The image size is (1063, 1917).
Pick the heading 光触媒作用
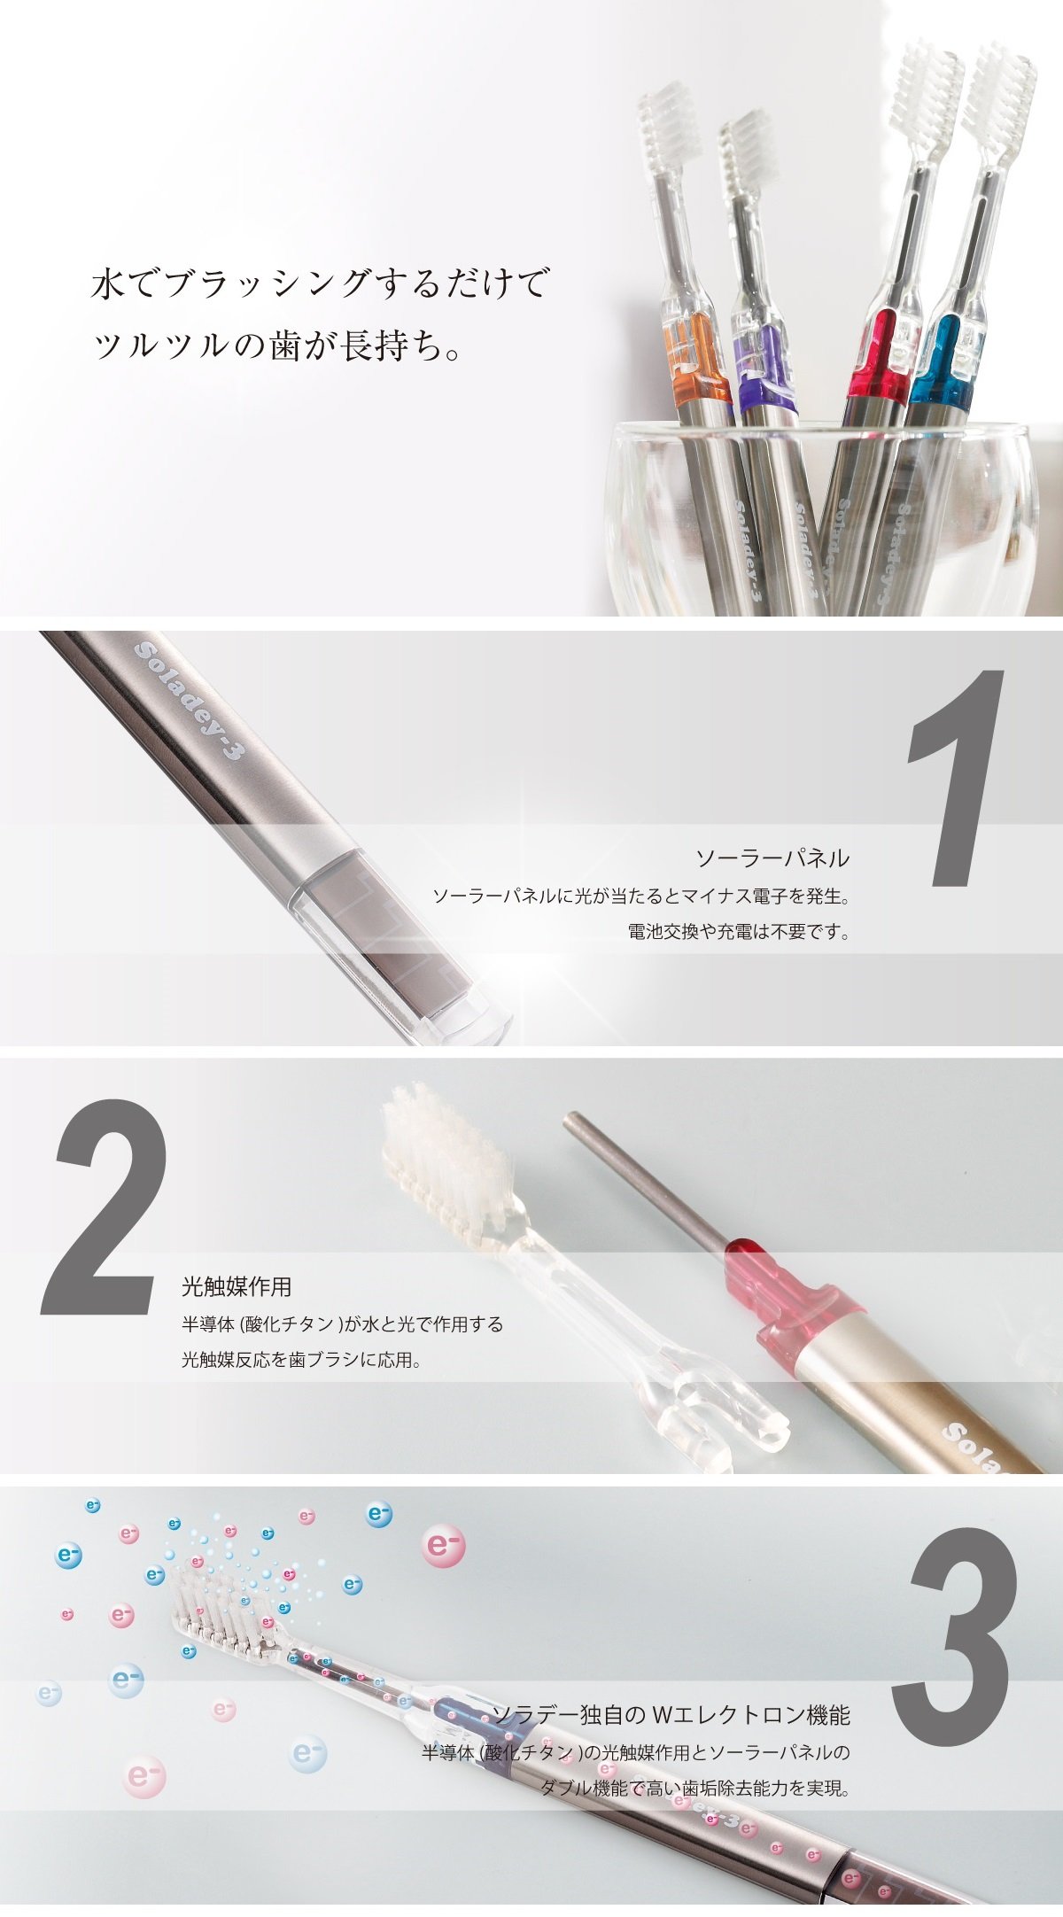(x=237, y=1285)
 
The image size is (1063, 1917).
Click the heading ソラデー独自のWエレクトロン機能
(x=671, y=1715)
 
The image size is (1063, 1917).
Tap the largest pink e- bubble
(x=443, y=1546)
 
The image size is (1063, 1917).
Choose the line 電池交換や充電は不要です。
(x=739, y=932)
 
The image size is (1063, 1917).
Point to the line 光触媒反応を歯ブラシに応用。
(x=301, y=1359)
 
